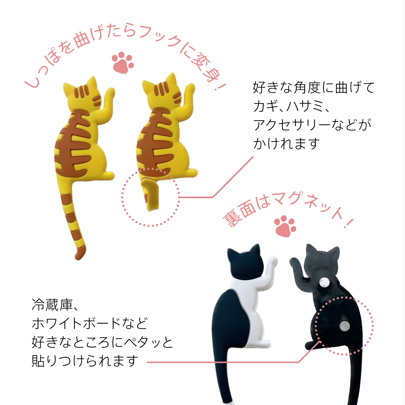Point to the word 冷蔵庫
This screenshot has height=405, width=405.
coord(52,305)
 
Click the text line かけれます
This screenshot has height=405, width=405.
coord(286,144)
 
